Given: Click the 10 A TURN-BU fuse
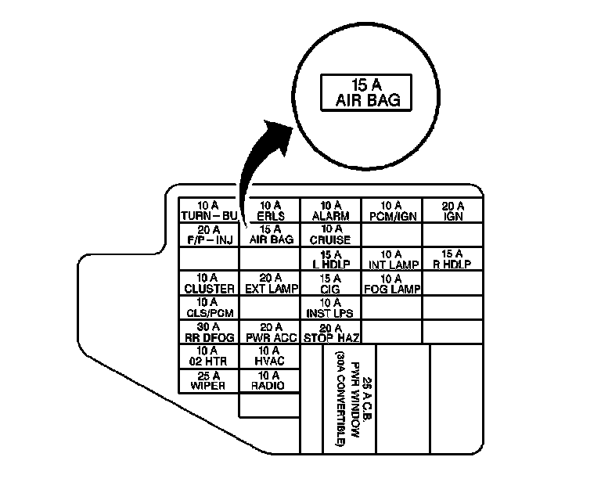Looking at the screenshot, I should [209, 210].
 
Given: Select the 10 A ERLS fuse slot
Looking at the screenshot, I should [270, 210].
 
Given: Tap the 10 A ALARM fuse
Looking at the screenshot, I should [331, 210].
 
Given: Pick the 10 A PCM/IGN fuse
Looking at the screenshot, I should [392, 210].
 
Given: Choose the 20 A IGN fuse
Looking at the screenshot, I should [453, 210].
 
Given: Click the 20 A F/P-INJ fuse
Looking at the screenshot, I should [209, 234].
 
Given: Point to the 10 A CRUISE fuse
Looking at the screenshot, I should [331, 234].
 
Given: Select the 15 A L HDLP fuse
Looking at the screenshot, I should [331, 258].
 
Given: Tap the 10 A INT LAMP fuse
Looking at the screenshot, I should [392, 258].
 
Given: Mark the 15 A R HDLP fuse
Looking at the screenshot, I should [453, 258].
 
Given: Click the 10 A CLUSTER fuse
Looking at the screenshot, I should [209, 282].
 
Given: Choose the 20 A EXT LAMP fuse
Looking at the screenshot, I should [270, 282].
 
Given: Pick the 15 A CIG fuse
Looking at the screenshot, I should [331, 282].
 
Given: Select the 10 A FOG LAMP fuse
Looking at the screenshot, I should [392, 282].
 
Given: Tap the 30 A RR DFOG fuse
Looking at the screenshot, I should [209, 332].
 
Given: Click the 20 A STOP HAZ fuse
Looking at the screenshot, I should [331, 332].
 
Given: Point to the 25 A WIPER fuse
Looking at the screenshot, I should [209, 380].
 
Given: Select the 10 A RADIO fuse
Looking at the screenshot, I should [270, 380].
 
